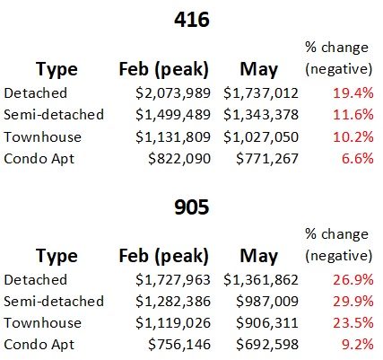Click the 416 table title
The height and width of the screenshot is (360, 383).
pos(192,20)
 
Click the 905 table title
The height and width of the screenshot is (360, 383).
pos(192,207)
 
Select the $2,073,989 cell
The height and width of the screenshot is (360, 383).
pos(173,93)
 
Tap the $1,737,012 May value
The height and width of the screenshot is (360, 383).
pos(261,93)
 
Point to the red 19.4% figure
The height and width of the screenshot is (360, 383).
pos(353,93)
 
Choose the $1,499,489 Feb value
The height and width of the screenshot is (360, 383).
pos(173,115)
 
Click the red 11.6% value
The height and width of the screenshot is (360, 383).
pos(353,115)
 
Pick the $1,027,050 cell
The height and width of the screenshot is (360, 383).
pos(261,137)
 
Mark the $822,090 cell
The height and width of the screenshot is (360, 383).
pos(179,159)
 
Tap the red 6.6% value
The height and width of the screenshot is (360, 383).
pos(358,159)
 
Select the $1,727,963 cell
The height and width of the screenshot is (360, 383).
pos(173,280)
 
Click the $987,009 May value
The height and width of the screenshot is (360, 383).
pos(267,302)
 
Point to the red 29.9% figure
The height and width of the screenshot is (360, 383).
pos(353,302)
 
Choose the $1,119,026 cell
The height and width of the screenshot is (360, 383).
pos(173,323)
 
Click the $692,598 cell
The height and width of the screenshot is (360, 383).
pos(267,345)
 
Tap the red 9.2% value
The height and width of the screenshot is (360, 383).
pos(358,345)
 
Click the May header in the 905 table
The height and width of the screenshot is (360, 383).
pos(259,257)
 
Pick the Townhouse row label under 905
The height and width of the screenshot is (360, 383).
pos(42,323)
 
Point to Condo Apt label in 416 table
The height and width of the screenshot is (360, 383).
pos(39,160)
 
